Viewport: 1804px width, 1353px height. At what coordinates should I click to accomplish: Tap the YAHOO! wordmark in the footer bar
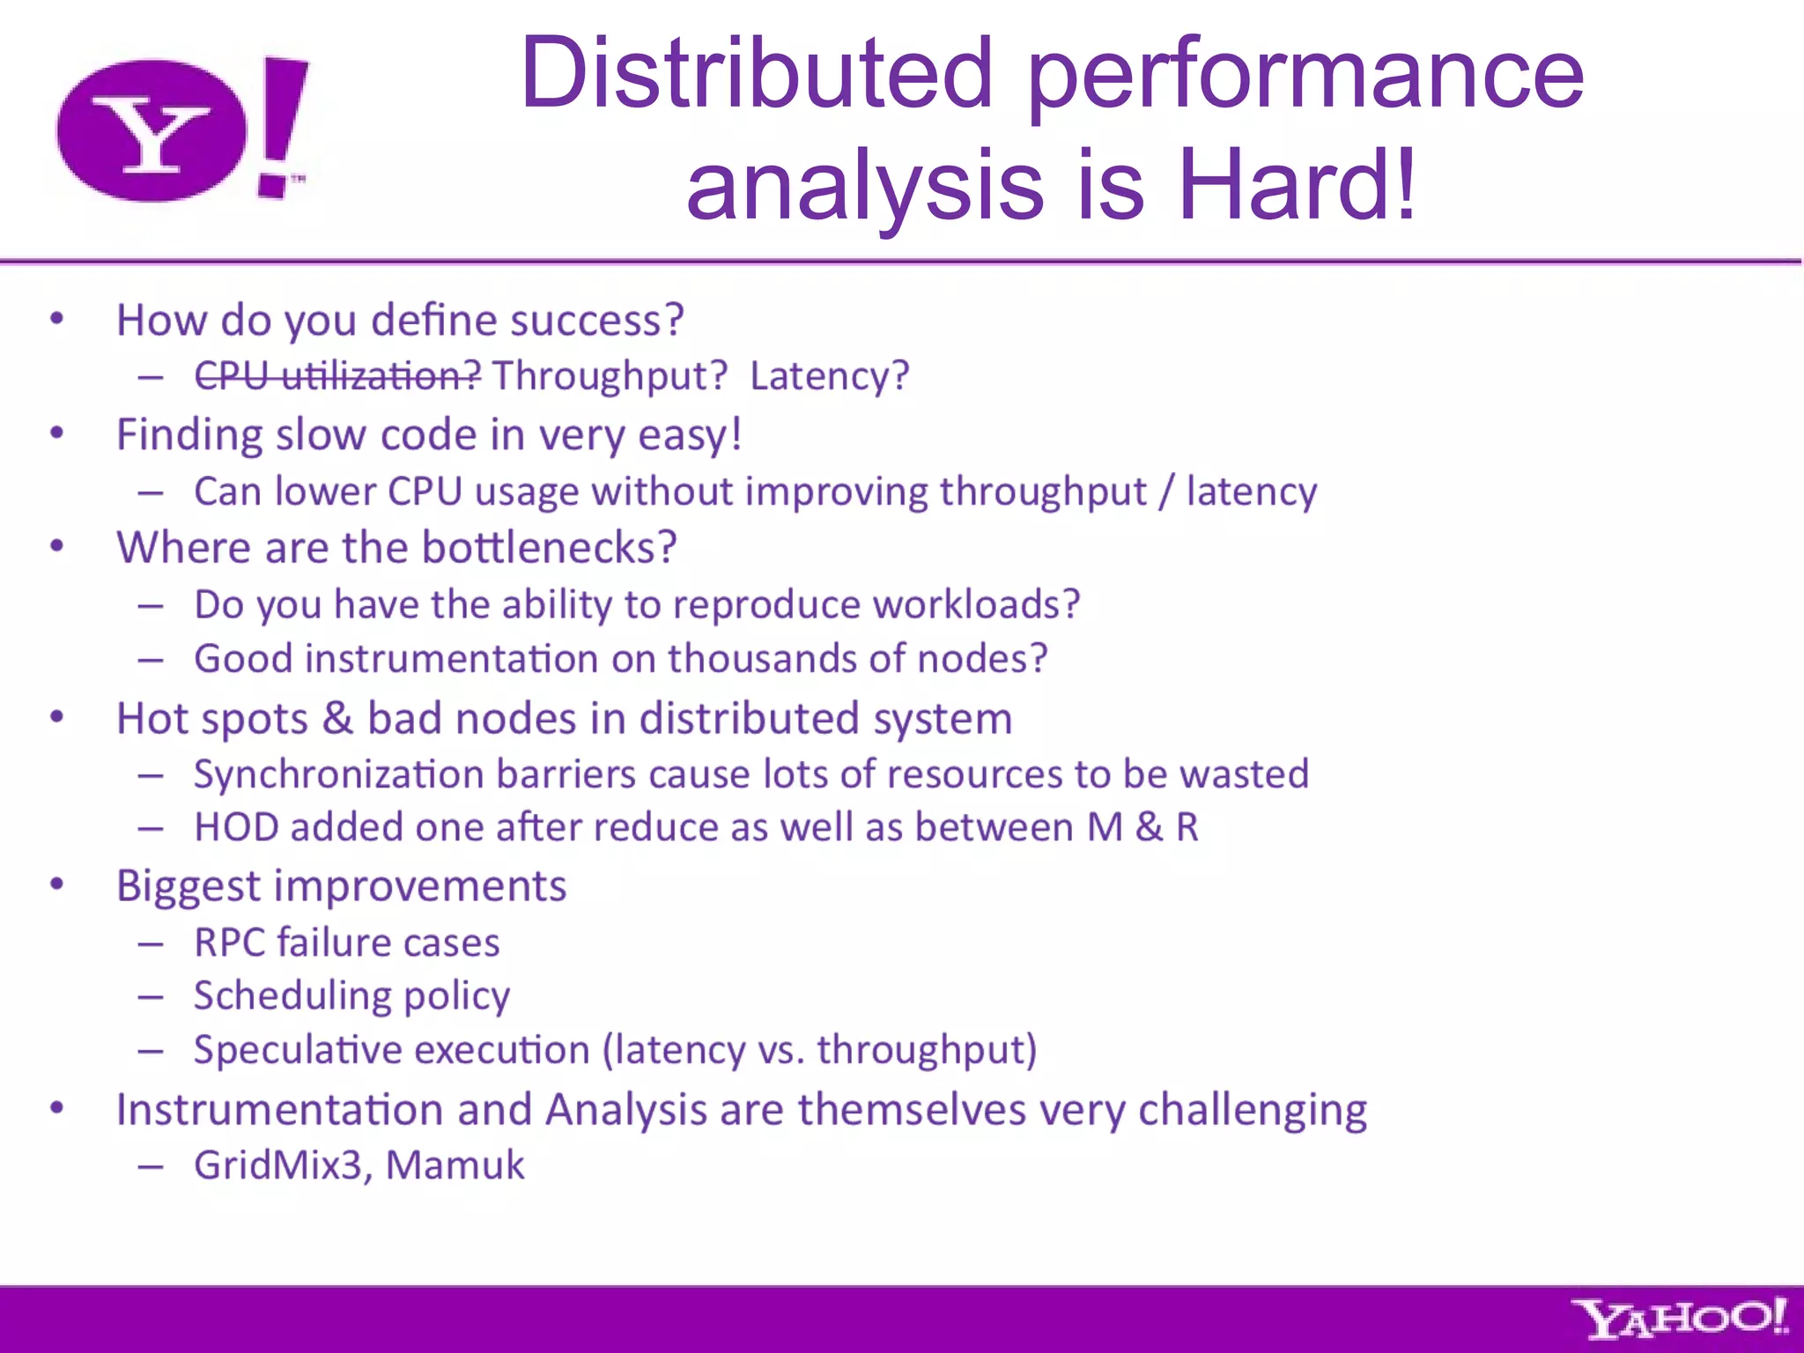click(1680, 1319)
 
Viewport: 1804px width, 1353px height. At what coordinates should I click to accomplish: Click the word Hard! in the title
click(1297, 185)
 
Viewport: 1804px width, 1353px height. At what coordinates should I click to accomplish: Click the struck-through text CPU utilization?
click(337, 376)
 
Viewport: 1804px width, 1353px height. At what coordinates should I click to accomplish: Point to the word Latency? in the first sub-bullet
click(829, 376)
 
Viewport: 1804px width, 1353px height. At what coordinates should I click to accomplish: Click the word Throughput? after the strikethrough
click(610, 376)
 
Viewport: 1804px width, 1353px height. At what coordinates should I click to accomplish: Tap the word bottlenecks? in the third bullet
click(550, 547)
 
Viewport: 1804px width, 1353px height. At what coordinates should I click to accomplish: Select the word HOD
click(236, 827)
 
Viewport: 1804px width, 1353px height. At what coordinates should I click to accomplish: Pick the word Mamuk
click(455, 1164)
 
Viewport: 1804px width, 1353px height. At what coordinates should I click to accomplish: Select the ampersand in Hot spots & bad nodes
click(337, 718)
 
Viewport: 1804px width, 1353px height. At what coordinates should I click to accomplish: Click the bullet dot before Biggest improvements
click(57, 884)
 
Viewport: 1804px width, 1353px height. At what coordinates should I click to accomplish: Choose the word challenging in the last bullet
click(1252, 1110)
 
